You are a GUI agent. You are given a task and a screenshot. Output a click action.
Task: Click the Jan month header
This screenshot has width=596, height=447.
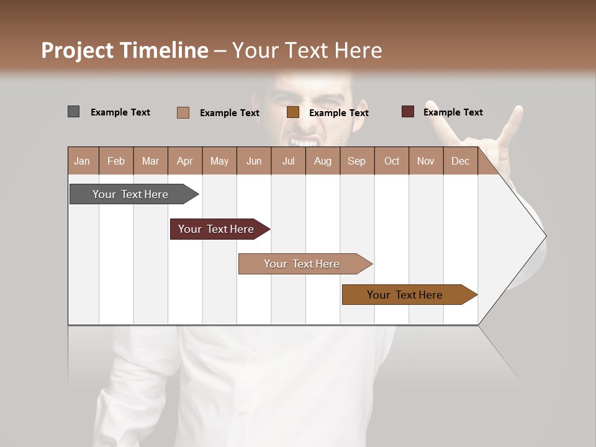[x=83, y=161]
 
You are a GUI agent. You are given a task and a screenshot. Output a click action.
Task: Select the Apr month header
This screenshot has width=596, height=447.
[x=185, y=161]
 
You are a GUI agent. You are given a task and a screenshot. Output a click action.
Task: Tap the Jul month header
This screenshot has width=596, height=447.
[x=289, y=161]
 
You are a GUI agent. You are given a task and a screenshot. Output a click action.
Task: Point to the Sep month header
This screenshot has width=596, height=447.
[x=357, y=161]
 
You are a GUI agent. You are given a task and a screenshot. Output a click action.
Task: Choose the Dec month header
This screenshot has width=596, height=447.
[x=461, y=161]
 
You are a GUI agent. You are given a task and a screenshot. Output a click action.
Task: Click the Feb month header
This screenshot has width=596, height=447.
[x=116, y=161]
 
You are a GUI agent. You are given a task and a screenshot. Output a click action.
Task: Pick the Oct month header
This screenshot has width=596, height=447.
[x=392, y=161]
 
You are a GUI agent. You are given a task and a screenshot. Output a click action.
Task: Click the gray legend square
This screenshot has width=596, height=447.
[x=73, y=112]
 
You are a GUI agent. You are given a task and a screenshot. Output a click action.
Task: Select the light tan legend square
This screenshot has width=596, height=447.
[x=183, y=112]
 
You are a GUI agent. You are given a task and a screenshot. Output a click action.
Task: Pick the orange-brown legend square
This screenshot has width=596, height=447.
[x=292, y=112]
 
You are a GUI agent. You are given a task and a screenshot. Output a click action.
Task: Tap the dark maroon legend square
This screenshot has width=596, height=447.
[x=407, y=112]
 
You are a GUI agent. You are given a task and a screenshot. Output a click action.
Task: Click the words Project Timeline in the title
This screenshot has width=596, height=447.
[x=125, y=50]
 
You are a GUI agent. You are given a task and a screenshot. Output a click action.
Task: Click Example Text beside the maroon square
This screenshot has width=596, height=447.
[x=453, y=112]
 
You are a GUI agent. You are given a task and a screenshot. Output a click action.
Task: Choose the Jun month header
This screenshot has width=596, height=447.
[x=254, y=161]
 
